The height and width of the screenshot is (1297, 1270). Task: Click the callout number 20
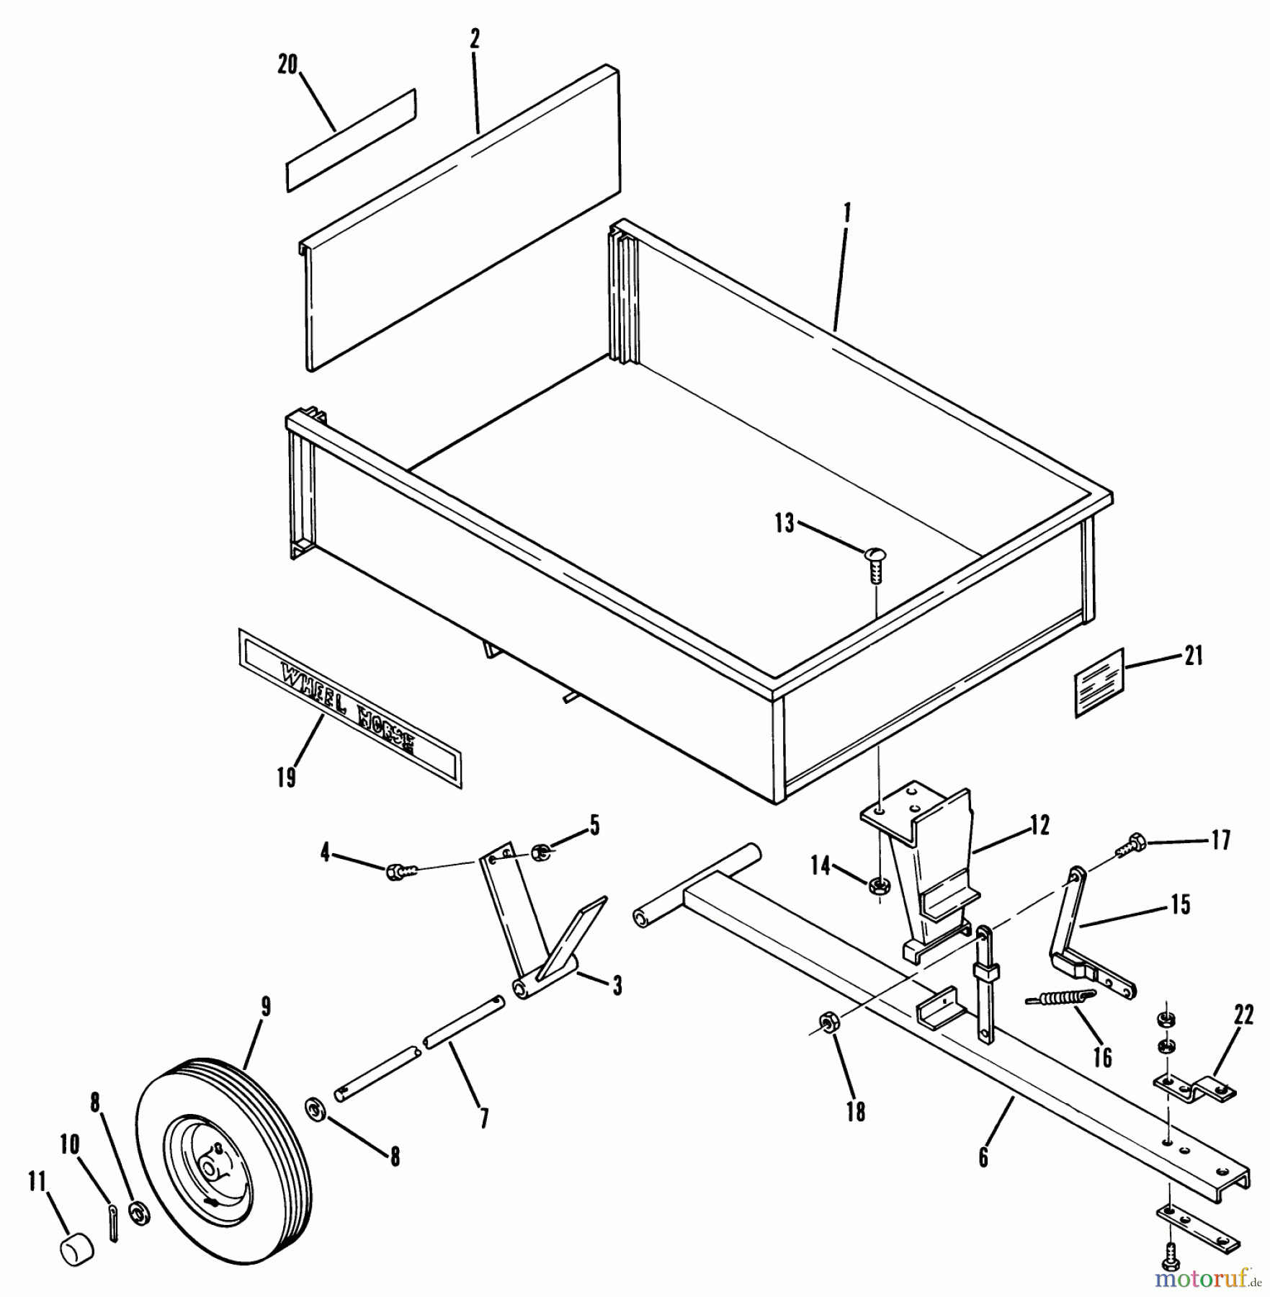coord(287,65)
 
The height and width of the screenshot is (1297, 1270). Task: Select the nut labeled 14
coord(877,886)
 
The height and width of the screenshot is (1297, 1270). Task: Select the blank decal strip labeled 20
coord(352,141)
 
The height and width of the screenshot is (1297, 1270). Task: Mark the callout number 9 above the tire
coord(266,1007)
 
